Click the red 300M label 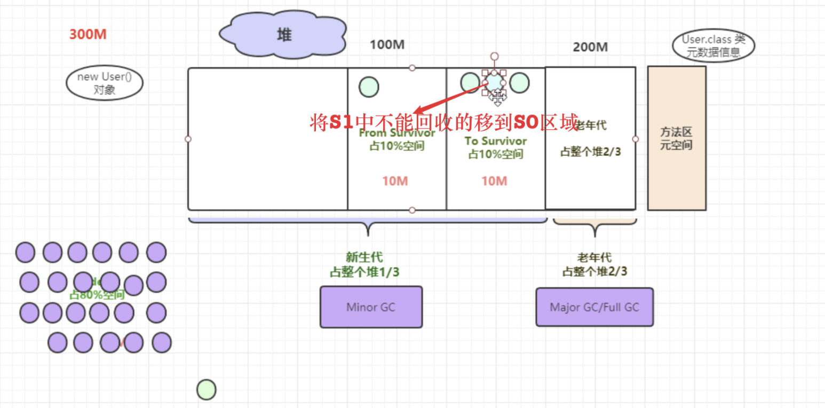point(88,34)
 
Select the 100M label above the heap point(387,45)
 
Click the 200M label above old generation point(590,47)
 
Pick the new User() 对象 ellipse point(105,83)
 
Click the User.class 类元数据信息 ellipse point(713,46)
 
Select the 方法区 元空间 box point(677,138)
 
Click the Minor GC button point(371,307)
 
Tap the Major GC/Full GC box point(594,308)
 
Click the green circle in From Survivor point(369,87)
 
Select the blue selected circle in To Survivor point(494,82)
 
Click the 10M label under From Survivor point(395,181)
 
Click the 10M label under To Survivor point(494,181)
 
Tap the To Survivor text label point(495,141)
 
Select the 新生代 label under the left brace point(364,257)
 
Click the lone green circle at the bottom point(207,390)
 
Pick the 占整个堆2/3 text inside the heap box point(590,152)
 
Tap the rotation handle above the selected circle point(495,56)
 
